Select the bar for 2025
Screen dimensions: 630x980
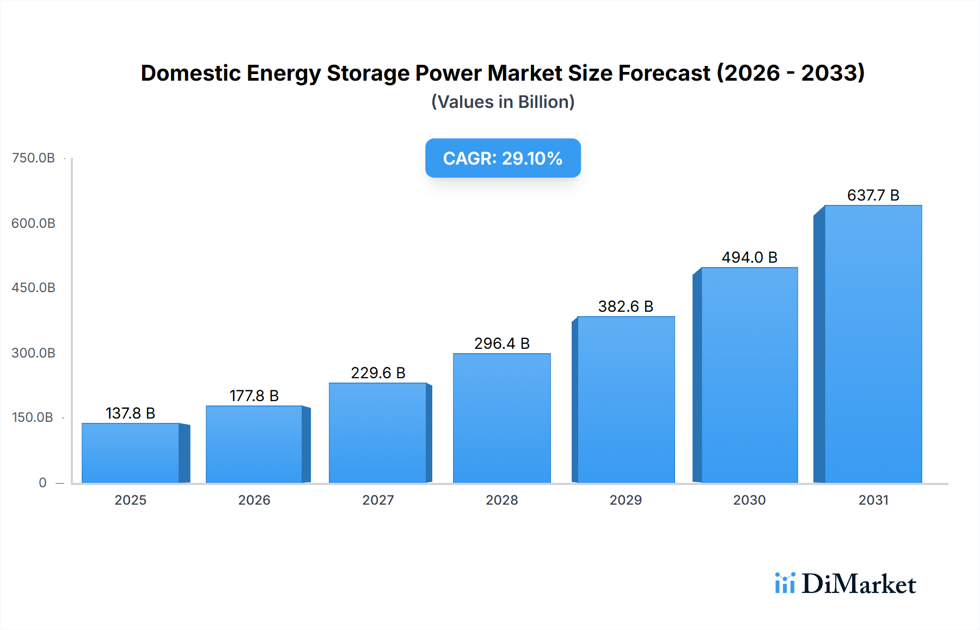point(131,453)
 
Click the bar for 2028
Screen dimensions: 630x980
point(501,418)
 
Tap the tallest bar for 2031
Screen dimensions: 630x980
point(873,344)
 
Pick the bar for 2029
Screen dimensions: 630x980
point(626,399)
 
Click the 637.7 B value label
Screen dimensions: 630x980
point(873,195)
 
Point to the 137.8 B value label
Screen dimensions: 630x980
point(131,413)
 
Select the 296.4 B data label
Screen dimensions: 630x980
point(501,343)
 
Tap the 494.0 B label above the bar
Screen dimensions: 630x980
point(749,257)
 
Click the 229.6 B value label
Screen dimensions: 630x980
point(378,373)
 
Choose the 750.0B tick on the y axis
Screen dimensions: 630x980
point(33,158)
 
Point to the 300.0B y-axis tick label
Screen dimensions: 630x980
point(33,353)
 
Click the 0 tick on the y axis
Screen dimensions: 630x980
point(42,483)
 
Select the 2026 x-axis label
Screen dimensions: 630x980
point(254,500)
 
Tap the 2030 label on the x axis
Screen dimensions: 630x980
point(749,500)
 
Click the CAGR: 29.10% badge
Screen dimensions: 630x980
point(503,158)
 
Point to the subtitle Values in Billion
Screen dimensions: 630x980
point(503,102)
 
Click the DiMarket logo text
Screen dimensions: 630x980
point(858,584)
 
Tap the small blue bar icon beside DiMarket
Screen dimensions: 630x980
point(785,583)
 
